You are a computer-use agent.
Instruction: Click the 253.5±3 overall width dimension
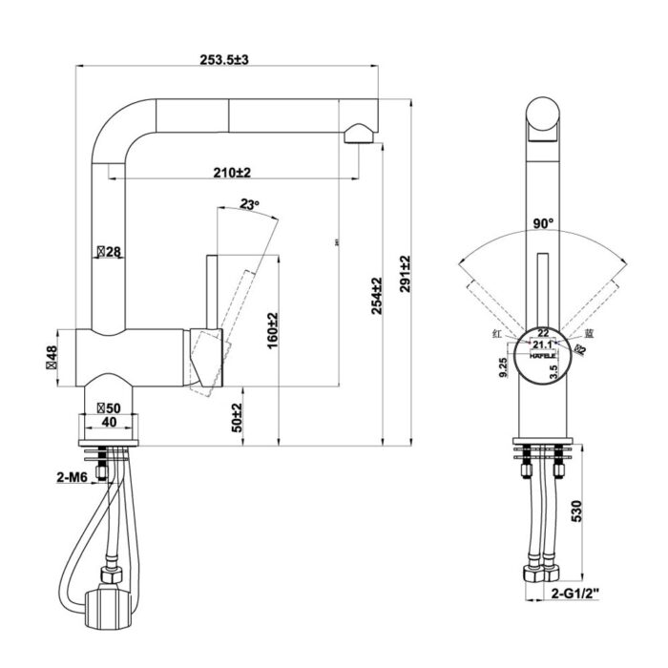click(223, 60)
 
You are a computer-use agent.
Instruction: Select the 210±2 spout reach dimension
click(232, 173)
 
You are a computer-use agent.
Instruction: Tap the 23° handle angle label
click(249, 204)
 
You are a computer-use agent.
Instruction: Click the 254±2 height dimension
click(377, 296)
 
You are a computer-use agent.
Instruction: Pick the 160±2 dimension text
click(272, 329)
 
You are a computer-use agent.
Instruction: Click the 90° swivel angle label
click(544, 224)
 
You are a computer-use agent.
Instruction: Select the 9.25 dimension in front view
click(503, 367)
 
